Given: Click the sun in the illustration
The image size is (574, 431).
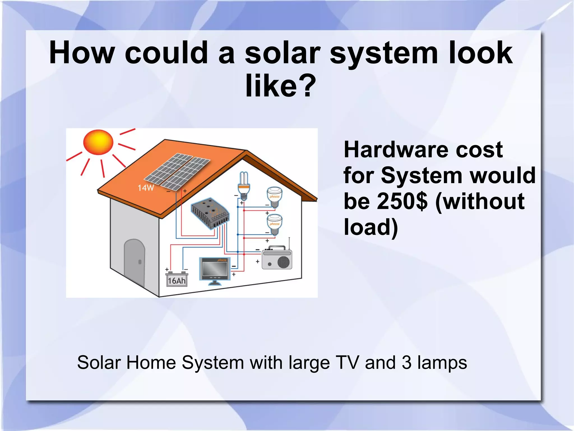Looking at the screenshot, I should coord(98,142).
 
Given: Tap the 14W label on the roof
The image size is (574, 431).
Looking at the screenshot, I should coord(146,188).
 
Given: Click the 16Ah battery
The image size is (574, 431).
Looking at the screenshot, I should coord(177,279).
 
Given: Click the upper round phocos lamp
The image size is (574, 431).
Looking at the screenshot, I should coord(274,197).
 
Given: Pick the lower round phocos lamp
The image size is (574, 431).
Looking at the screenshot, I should coord(274,224).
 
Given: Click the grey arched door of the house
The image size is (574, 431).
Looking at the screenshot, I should coord(135,261).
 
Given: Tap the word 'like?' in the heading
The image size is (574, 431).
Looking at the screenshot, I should coord(280,86).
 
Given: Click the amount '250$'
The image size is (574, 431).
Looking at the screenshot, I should coord(402,201).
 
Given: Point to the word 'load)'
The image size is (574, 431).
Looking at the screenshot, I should coord(371,227).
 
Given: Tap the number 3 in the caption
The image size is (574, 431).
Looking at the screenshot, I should coord(406,362).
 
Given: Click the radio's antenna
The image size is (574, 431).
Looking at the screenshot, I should coord(289,243).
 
